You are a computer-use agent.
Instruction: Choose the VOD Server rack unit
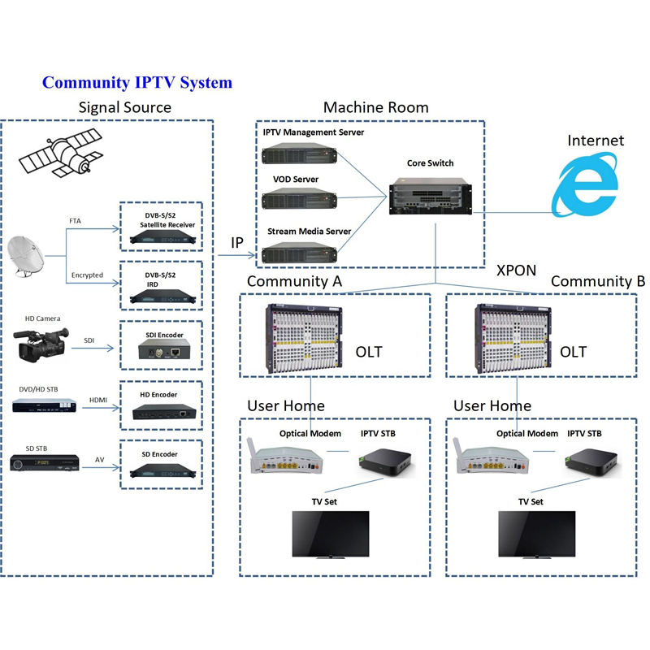(298, 200)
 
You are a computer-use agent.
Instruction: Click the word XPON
(516, 270)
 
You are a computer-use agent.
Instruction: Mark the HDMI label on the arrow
(98, 400)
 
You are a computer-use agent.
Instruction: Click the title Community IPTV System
(137, 82)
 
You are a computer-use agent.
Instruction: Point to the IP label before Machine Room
(237, 242)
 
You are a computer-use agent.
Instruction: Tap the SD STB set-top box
(45, 464)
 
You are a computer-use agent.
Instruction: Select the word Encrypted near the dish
(88, 275)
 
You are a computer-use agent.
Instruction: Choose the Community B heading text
(597, 281)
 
